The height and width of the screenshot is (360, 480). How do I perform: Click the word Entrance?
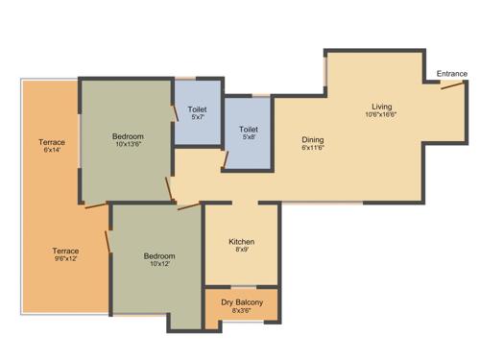(452, 74)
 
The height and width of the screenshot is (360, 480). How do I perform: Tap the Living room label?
(382, 107)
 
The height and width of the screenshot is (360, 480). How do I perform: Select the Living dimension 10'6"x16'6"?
(382, 115)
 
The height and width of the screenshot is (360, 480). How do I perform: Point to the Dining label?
(313, 138)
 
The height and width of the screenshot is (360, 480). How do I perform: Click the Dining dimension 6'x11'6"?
(313, 147)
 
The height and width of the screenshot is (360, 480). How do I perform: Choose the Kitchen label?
(241, 242)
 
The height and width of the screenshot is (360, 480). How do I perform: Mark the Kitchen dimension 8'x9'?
(241, 251)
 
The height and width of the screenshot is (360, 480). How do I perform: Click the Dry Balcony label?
(242, 302)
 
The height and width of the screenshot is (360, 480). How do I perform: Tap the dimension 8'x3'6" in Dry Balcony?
(242, 311)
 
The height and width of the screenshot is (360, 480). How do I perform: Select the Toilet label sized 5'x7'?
(197, 108)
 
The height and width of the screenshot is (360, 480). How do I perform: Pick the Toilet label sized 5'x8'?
(249, 128)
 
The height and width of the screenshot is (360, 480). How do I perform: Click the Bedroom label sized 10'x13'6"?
(128, 136)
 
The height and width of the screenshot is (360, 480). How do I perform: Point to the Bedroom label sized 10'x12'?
(159, 255)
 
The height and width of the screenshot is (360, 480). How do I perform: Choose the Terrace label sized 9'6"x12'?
(65, 251)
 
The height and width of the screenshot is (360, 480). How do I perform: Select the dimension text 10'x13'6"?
(128, 145)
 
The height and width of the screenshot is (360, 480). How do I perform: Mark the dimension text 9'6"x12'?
(65, 259)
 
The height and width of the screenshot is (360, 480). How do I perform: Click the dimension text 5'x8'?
(249, 136)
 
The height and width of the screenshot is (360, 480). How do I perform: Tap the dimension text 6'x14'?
(52, 151)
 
